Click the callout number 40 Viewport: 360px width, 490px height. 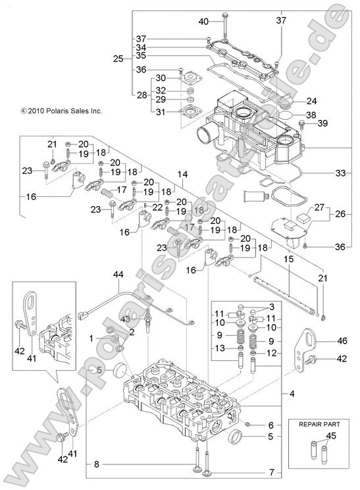(203, 22)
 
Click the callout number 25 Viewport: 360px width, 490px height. (118, 59)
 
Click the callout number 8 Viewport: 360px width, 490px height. (97, 464)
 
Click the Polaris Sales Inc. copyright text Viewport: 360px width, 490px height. (61, 112)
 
